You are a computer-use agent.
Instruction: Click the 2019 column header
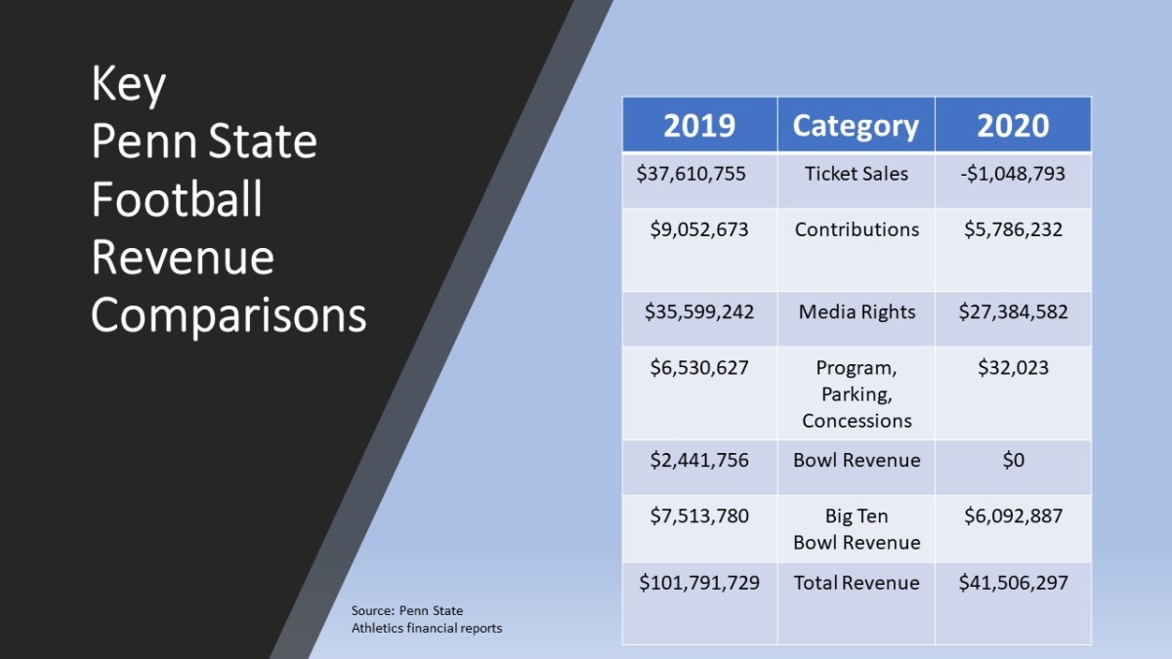click(699, 126)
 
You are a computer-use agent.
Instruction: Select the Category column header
click(856, 126)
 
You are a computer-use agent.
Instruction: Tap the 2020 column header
click(1013, 126)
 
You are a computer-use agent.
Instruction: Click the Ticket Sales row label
click(857, 174)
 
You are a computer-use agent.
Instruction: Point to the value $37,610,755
click(691, 174)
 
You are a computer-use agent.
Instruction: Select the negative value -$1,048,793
click(1013, 174)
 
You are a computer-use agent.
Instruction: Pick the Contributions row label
click(857, 229)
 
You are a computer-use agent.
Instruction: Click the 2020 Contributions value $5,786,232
click(1013, 229)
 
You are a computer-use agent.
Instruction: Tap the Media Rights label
click(857, 312)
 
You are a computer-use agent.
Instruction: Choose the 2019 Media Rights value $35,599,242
click(699, 312)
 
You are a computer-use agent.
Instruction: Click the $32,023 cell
click(1013, 368)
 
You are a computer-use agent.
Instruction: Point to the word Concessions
click(857, 421)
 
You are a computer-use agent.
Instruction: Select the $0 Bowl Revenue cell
click(1013, 460)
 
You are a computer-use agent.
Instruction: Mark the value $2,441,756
click(699, 460)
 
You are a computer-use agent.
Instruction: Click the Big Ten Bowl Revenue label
click(857, 529)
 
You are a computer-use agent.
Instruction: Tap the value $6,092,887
click(1013, 515)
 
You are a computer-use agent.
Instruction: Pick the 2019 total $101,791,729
click(699, 583)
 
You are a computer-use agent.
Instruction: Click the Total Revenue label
click(857, 583)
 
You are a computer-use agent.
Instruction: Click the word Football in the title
click(177, 199)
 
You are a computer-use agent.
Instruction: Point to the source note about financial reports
click(427, 620)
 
